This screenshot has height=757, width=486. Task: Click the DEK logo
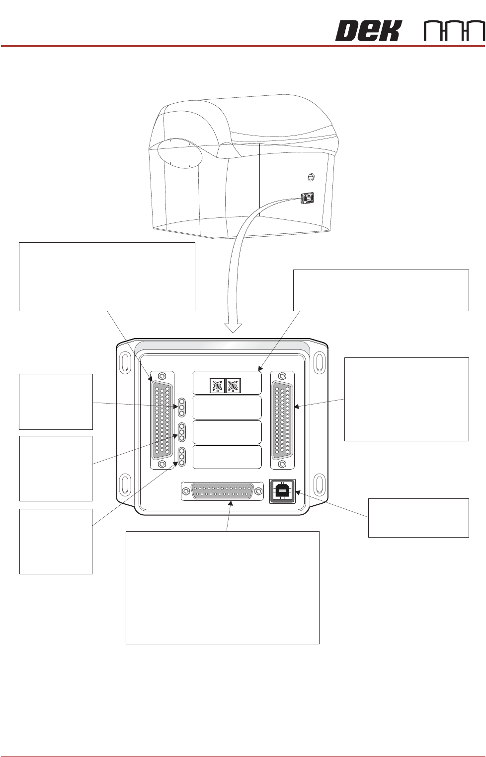tap(368, 31)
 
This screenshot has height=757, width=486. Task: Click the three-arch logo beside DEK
tap(454, 31)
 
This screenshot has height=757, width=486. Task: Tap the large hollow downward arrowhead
tap(233, 328)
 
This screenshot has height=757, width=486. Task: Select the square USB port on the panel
tap(282, 491)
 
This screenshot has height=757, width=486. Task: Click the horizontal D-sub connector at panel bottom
tap(222, 491)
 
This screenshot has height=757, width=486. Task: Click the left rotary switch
tap(217, 386)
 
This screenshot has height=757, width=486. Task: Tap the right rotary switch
tap(233, 386)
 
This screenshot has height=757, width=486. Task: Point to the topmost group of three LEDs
tap(182, 407)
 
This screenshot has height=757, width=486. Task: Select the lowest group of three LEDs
tap(182, 457)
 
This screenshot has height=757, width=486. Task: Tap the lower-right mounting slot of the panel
tap(320, 483)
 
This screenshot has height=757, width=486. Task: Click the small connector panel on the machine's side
tap(308, 199)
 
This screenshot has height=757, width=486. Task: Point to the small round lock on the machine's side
tap(311, 177)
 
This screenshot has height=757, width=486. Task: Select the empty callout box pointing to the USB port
tap(418, 518)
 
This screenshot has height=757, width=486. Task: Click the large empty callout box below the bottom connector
tap(222, 588)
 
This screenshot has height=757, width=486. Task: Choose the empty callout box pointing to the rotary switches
tap(381, 290)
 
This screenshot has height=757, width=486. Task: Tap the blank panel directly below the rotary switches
tap(227, 408)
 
